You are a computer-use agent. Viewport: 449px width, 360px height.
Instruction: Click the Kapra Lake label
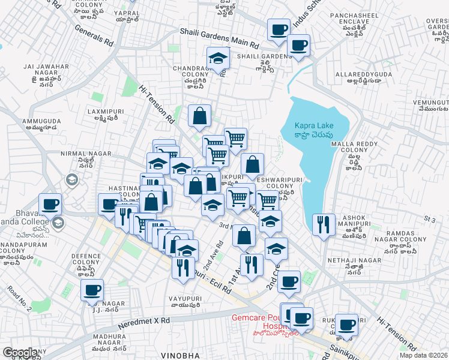(x=313, y=129)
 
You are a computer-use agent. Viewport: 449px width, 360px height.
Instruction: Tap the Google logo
(x=20, y=353)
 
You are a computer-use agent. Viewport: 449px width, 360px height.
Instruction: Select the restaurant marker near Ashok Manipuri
(x=324, y=224)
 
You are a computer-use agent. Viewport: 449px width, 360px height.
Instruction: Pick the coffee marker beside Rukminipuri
(x=346, y=325)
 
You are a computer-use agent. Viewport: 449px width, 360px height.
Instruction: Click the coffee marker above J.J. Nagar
(x=92, y=290)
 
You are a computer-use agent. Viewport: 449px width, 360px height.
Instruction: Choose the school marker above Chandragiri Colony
(x=218, y=58)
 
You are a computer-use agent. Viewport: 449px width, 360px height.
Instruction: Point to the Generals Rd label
(x=94, y=36)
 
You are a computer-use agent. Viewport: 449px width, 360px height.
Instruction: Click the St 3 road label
(x=429, y=220)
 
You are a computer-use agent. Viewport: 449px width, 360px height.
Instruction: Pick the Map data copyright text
(x=423, y=355)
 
